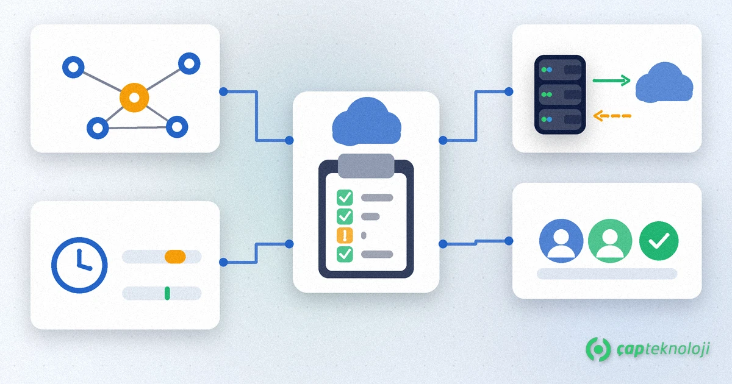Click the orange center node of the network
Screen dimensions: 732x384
pos(134,98)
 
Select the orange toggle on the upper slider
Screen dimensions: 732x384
pos(175,257)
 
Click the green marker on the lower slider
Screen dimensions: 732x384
pos(167,293)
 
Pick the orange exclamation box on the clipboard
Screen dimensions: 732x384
pos(345,235)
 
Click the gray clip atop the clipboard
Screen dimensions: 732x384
pos(366,166)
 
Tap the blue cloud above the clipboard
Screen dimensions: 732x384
pos(367,121)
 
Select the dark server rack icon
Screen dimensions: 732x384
pos(560,94)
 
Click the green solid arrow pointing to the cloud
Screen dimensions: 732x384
pos(611,80)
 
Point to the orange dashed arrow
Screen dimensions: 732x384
pos(612,116)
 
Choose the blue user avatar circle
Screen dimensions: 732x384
pos(561,241)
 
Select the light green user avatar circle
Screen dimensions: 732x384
pos(610,241)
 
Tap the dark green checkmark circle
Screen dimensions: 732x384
pos(659,241)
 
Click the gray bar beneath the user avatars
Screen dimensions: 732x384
pos(607,274)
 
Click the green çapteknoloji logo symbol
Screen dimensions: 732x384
pos(598,349)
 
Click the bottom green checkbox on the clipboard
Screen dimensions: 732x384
pos(345,254)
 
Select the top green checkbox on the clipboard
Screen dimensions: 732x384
pos(345,197)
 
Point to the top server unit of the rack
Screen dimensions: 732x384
pos(560,69)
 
